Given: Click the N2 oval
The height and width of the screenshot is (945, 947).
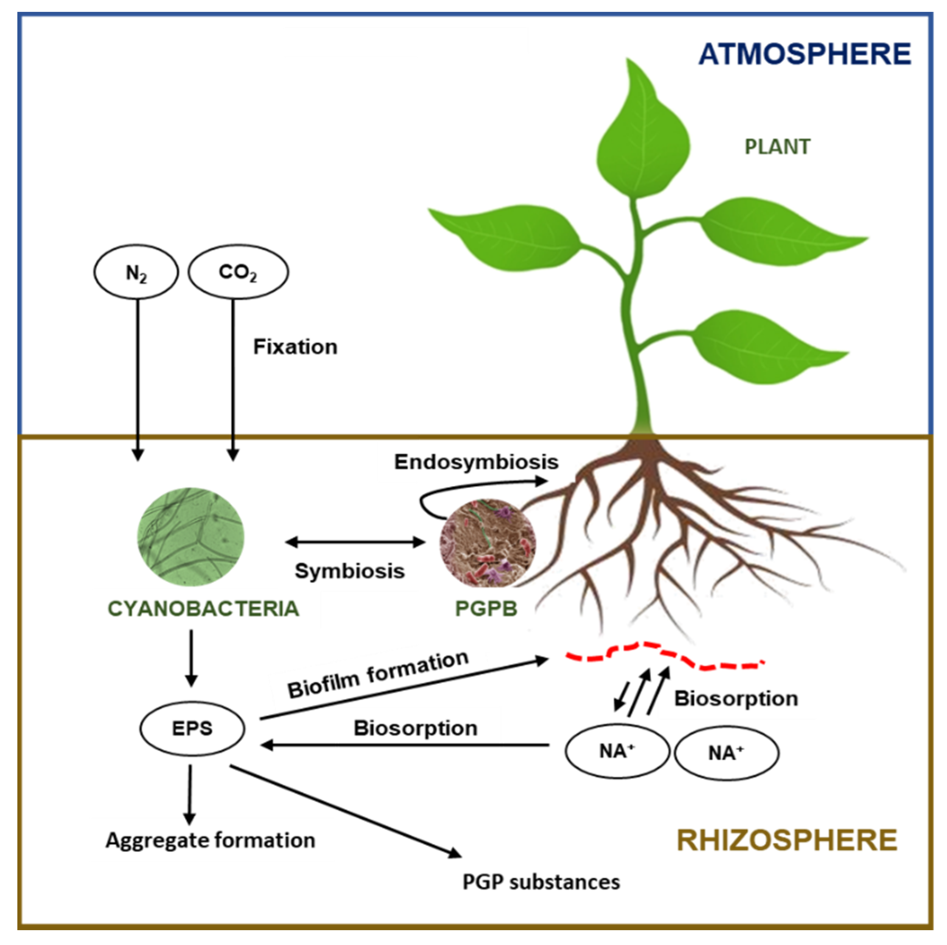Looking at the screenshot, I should (136, 272).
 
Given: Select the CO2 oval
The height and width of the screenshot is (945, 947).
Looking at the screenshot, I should (238, 272).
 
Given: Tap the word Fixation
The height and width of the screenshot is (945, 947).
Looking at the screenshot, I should (295, 347).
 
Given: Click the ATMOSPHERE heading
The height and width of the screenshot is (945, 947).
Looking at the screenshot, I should (804, 54).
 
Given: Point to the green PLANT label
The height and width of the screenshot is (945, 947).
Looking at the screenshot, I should (778, 147).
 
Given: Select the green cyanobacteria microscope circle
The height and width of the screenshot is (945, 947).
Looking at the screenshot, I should (191, 537).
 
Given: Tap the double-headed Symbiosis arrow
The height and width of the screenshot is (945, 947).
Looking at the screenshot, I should (355, 542).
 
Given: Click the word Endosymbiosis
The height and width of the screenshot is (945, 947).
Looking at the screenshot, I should (476, 462).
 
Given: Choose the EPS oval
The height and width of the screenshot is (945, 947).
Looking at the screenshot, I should (192, 728).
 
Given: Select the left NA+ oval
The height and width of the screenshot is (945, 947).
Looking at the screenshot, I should (617, 751).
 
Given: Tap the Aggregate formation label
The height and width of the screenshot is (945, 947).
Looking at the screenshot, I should (210, 840).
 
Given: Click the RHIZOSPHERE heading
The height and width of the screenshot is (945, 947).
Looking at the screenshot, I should (786, 840).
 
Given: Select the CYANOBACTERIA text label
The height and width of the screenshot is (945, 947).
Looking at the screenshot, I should (203, 609).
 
